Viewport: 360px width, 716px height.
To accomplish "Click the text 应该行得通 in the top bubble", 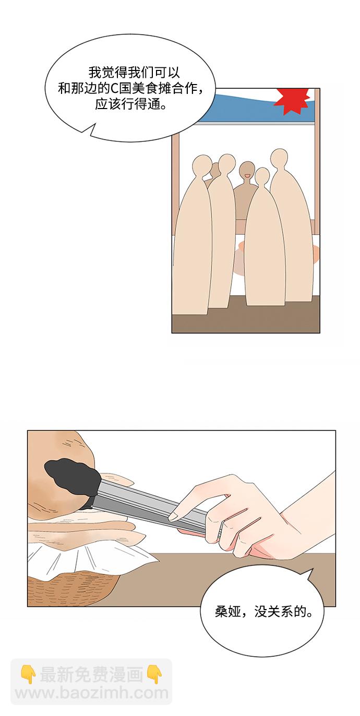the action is click(127, 104).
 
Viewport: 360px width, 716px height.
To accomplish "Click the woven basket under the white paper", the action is click(74, 582).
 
